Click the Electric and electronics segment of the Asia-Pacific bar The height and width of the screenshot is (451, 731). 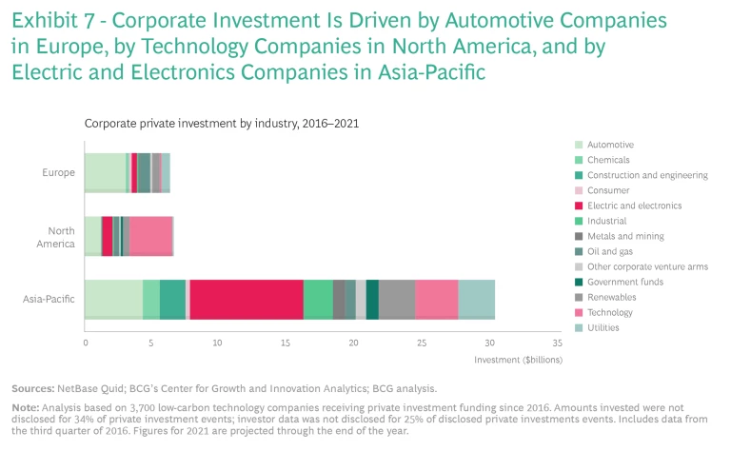click(x=247, y=299)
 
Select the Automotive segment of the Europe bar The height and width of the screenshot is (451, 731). click(x=105, y=172)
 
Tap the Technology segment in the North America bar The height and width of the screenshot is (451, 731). click(x=150, y=236)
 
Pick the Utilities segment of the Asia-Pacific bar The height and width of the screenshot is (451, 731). click(x=476, y=299)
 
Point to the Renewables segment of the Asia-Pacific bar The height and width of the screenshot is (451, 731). click(x=397, y=299)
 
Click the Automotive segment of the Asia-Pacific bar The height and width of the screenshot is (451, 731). click(x=113, y=299)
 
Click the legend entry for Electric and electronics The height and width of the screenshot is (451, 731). click(x=634, y=206)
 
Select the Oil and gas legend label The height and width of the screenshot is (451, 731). click(x=611, y=251)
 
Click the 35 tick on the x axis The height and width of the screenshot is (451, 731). click(x=557, y=343)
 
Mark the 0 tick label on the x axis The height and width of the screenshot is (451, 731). click(x=86, y=343)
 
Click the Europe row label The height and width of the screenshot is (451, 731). click(x=59, y=172)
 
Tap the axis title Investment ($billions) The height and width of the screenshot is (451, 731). click(x=518, y=361)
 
